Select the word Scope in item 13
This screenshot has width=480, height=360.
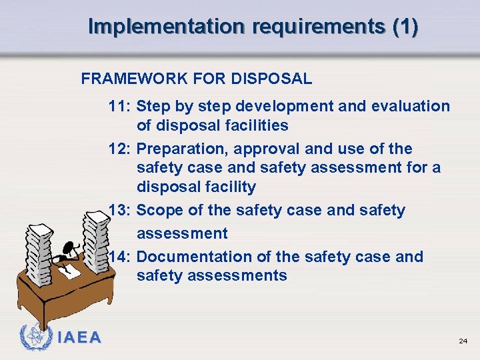coord(159,210)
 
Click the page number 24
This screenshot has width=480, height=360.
coord(463,341)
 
